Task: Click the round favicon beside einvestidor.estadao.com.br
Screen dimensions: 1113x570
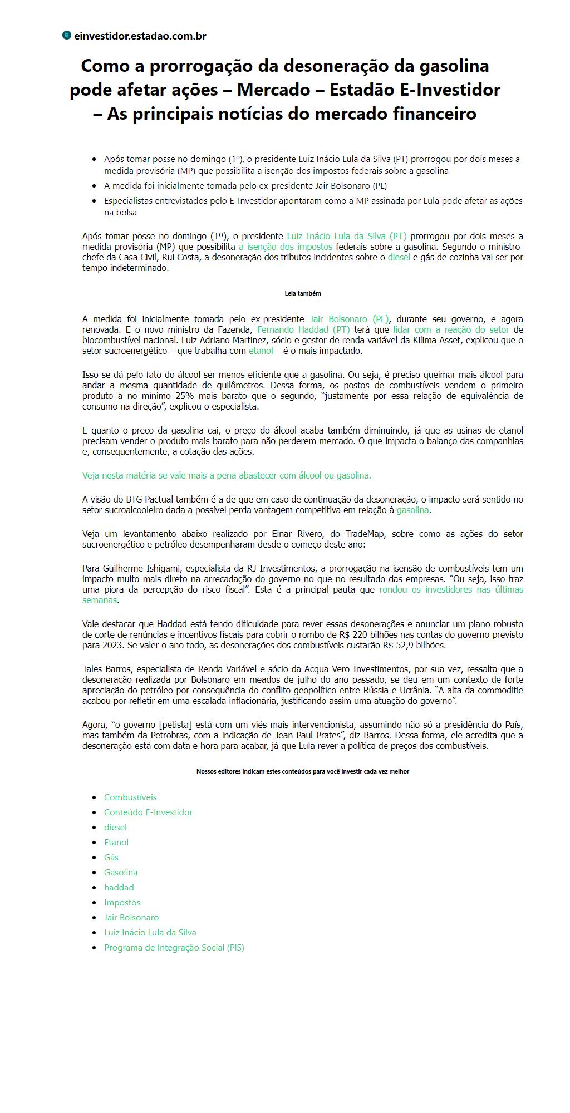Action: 67,36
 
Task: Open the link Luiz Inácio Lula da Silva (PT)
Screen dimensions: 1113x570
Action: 346,236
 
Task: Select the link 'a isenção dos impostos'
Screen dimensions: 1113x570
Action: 286,247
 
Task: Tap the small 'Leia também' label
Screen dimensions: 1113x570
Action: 303,293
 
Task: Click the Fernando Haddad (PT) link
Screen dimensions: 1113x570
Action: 303,329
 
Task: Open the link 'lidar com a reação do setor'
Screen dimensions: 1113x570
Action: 451,329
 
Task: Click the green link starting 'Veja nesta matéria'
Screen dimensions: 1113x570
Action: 227,475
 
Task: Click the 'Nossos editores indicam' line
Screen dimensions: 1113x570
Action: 303,771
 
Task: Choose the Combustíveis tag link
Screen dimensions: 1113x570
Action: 130,797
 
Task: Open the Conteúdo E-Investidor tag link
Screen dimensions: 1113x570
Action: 148,812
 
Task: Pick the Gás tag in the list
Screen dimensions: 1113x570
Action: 111,858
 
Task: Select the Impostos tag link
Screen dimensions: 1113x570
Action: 122,903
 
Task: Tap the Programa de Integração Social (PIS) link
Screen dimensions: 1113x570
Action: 174,948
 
